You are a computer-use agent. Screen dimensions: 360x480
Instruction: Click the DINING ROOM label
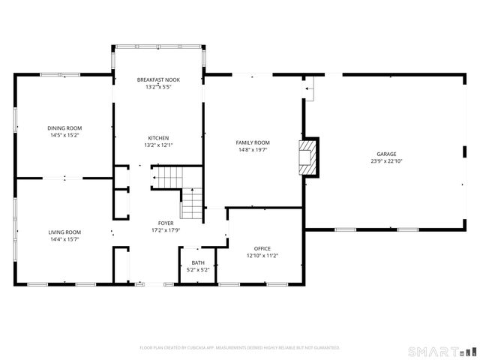point(64,128)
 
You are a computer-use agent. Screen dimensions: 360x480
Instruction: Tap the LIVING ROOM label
point(64,232)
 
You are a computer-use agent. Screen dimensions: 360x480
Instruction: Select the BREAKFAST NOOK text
point(158,79)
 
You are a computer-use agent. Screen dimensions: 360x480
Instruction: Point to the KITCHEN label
point(158,138)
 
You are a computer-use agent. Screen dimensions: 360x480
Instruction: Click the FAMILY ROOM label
point(253,142)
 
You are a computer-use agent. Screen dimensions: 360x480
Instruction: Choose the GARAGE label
point(386,153)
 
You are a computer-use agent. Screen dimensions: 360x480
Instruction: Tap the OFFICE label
point(262,248)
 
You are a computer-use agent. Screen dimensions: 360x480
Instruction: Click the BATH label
point(198,262)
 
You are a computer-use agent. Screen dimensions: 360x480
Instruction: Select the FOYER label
point(166,223)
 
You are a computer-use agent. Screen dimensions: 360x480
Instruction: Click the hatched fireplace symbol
point(307,157)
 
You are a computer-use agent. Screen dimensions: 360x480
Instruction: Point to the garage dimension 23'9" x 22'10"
point(386,160)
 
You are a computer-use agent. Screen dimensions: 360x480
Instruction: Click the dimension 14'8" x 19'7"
point(253,150)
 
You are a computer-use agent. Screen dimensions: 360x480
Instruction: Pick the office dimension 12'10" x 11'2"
point(262,256)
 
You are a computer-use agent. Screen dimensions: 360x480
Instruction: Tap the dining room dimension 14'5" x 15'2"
point(64,136)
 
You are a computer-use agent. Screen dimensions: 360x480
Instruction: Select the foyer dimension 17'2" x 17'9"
point(166,231)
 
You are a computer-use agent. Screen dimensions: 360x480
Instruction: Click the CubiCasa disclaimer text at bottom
point(240,348)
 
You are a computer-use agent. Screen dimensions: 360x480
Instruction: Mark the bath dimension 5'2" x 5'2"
point(198,270)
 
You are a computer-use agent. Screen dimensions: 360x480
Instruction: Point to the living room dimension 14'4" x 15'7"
point(64,240)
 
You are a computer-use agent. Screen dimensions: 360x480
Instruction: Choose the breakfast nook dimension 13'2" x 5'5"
point(158,87)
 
